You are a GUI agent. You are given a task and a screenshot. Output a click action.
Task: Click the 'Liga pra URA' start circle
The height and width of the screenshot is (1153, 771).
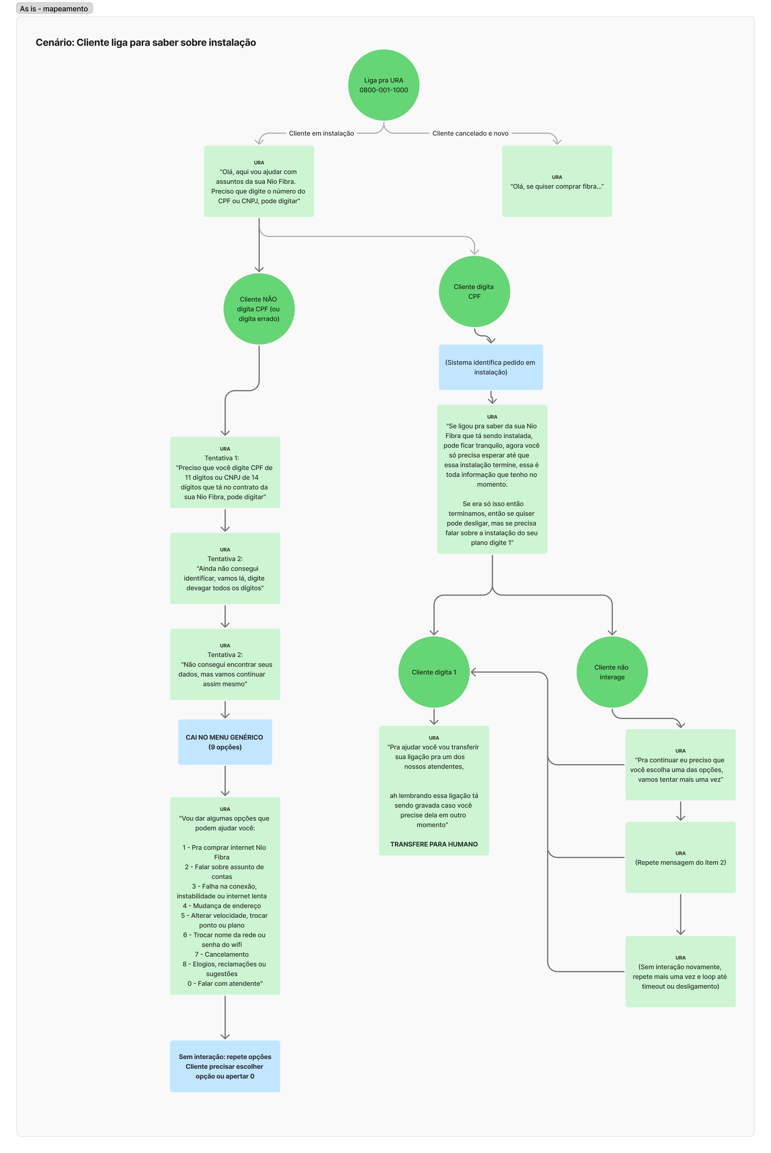point(383,85)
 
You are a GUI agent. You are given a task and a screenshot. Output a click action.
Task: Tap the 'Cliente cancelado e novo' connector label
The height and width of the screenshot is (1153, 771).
point(470,133)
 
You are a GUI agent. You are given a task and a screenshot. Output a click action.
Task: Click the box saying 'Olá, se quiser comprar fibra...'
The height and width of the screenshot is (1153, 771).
point(557,181)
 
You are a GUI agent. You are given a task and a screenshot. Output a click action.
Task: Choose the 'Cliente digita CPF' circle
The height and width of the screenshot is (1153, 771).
point(474,291)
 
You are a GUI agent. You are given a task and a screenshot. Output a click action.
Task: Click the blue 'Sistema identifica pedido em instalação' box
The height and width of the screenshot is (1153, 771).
point(491,367)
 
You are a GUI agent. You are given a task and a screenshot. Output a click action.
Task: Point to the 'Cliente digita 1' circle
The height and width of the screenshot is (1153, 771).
point(434,672)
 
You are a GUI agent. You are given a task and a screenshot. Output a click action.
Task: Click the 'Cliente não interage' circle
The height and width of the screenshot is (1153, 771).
point(612,672)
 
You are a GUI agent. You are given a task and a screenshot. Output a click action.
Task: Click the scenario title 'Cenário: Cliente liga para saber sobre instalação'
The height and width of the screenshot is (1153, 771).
point(146,42)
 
